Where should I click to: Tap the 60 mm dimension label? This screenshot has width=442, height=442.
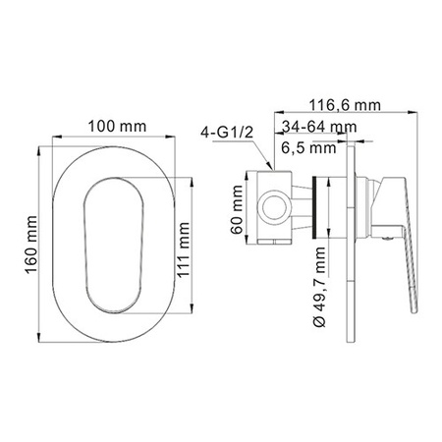[x=225, y=209]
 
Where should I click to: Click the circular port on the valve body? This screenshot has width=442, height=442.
[x=275, y=207]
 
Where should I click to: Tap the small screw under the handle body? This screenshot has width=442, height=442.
[x=386, y=233]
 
